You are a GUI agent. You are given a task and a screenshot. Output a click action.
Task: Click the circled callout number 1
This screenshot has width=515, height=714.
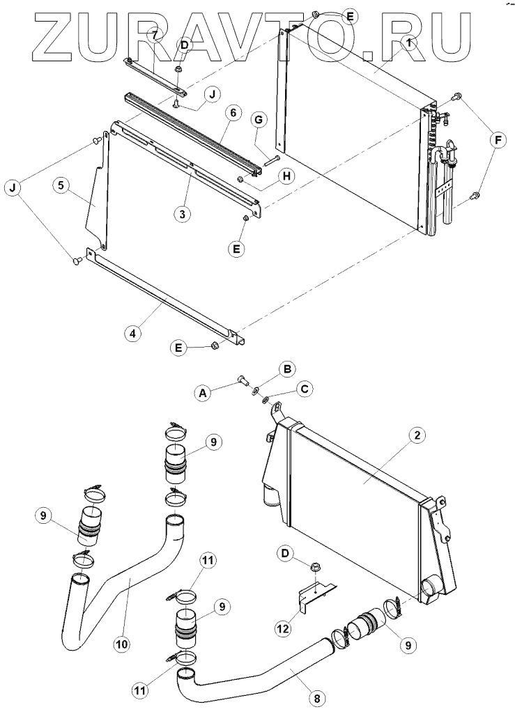pos(409,43)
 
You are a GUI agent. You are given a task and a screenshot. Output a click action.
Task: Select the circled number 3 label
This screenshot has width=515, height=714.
pos(183,214)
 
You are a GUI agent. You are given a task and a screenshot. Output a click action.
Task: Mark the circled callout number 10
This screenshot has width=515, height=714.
pos(122,644)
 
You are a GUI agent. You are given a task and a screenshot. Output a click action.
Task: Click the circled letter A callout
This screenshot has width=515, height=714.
pos(204,394)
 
